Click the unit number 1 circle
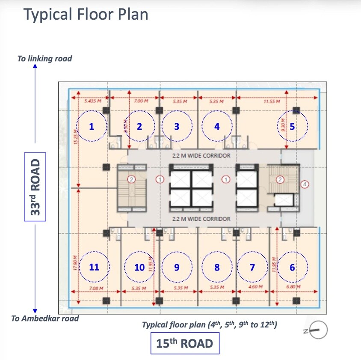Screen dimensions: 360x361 click(x=91, y=126)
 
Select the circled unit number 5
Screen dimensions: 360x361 click(x=292, y=126)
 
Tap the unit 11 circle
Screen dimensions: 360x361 click(x=94, y=267)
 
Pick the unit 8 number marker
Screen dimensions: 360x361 click(x=217, y=267)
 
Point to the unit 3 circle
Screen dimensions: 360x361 click(x=177, y=126)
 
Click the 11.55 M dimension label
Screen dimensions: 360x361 click(x=272, y=102)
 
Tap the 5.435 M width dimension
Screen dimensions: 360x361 click(x=93, y=102)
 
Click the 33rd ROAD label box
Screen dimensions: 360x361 click(x=35, y=187)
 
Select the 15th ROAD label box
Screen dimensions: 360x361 click(x=185, y=344)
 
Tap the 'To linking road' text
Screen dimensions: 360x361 click(x=44, y=59)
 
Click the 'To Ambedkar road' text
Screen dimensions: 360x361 click(x=45, y=318)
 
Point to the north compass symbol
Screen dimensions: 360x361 click(x=318, y=330)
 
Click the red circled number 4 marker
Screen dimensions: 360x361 click(x=305, y=184)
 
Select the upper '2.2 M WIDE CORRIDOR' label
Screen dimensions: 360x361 click(x=201, y=155)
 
